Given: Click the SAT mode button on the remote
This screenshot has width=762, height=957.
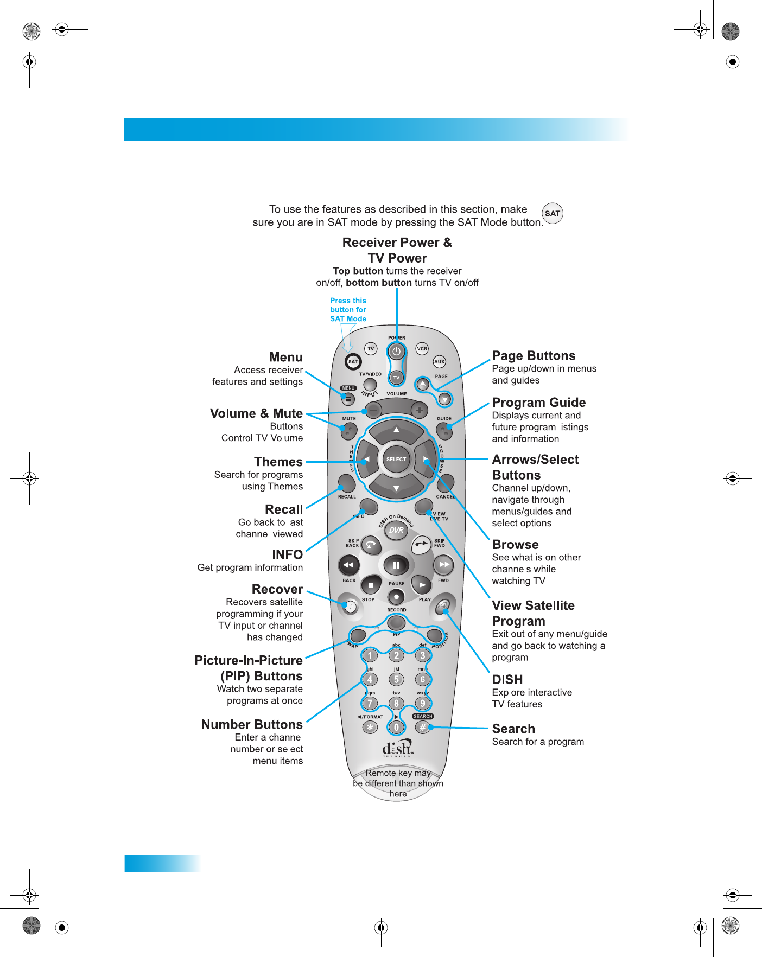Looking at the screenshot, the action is [x=353, y=361].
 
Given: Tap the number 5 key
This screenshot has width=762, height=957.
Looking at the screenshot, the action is [x=396, y=679].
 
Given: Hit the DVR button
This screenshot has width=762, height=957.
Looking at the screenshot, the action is [x=396, y=530].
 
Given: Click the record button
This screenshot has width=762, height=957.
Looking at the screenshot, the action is [x=397, y=597].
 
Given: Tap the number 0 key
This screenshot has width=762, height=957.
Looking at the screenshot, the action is [x=396, y=728].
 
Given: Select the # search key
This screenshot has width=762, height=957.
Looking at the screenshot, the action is [x=423, y=728].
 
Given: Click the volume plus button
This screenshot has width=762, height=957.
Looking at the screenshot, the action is [x=419, y=411].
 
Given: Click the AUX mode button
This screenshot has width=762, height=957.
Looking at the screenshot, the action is [x=439, y=362].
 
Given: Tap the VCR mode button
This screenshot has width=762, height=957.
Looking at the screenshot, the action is [x=422, y=349].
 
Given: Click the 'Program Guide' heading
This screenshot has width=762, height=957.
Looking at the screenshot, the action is [x=538, y=403].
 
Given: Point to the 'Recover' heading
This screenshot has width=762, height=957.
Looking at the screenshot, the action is [x=277, y=589].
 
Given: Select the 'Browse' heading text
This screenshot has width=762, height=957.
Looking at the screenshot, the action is [x=515, y=545].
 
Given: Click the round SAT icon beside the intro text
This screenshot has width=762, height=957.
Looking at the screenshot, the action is [x=553, y=213].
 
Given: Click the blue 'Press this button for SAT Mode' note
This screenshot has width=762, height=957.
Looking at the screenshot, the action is [x=348, y=310].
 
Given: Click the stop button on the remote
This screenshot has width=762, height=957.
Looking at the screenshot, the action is [x=371, y=585].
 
